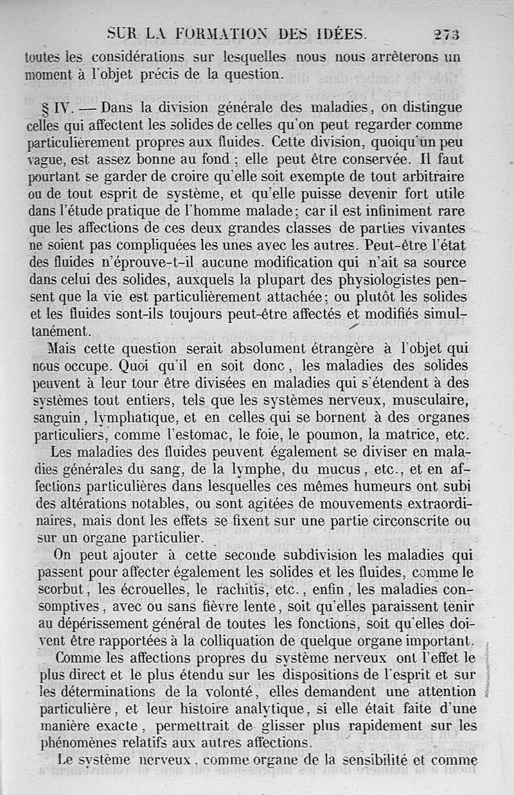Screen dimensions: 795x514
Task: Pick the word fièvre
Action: click(x=227, y=606)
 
